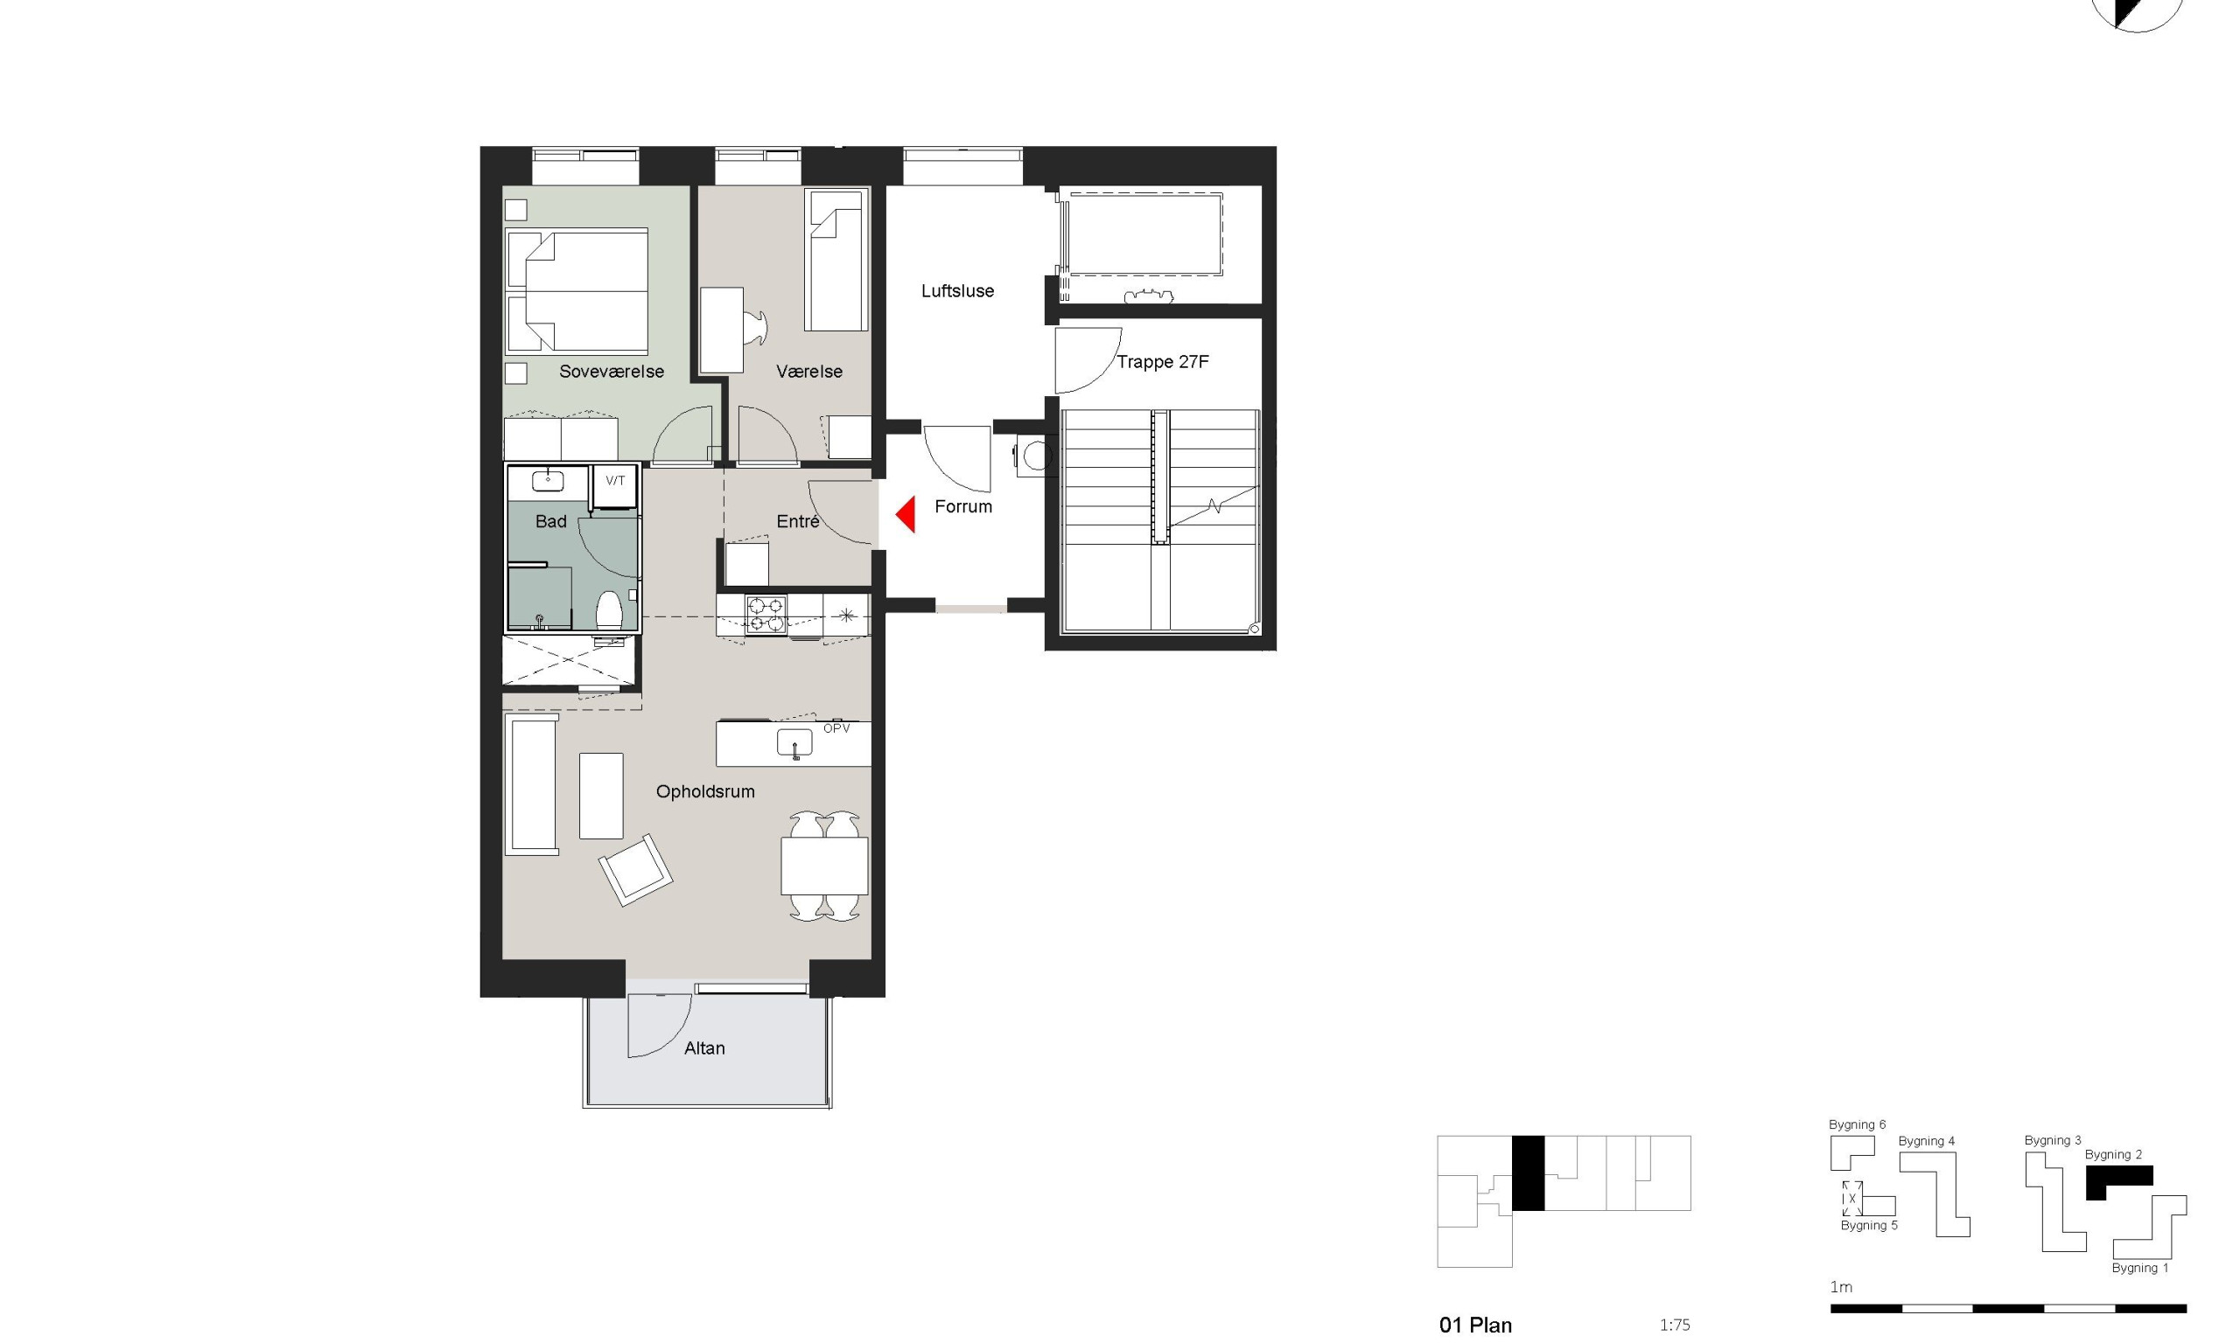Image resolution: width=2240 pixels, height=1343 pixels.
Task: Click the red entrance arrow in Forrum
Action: (906, 514)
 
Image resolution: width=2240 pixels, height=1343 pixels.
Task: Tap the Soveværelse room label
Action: (611, 371)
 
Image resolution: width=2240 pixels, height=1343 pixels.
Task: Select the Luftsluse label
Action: (957, 290)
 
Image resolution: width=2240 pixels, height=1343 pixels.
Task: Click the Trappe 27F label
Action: (1163, 362)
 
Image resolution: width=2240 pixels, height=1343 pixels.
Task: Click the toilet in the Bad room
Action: (609, 609)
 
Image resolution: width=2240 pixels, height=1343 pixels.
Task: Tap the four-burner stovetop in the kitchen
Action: (766, 615)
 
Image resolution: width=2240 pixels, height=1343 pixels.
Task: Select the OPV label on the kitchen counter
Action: (836, 728)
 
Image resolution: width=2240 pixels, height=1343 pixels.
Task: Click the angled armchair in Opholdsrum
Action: (635, 869)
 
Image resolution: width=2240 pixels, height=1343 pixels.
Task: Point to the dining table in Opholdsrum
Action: (824, 866)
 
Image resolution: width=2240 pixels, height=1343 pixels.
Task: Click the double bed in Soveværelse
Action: (577, 290)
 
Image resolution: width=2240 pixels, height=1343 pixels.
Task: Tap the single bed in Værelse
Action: (836, 261)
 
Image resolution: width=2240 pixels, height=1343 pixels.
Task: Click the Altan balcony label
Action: (704, 1048)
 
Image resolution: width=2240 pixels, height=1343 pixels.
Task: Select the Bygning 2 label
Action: (2113, 1154)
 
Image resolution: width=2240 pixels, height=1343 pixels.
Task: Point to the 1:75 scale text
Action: (1674, 1325)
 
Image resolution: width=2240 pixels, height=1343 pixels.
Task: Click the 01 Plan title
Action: (1475, 1325)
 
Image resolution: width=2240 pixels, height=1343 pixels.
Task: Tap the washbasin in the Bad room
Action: (547, 481)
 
